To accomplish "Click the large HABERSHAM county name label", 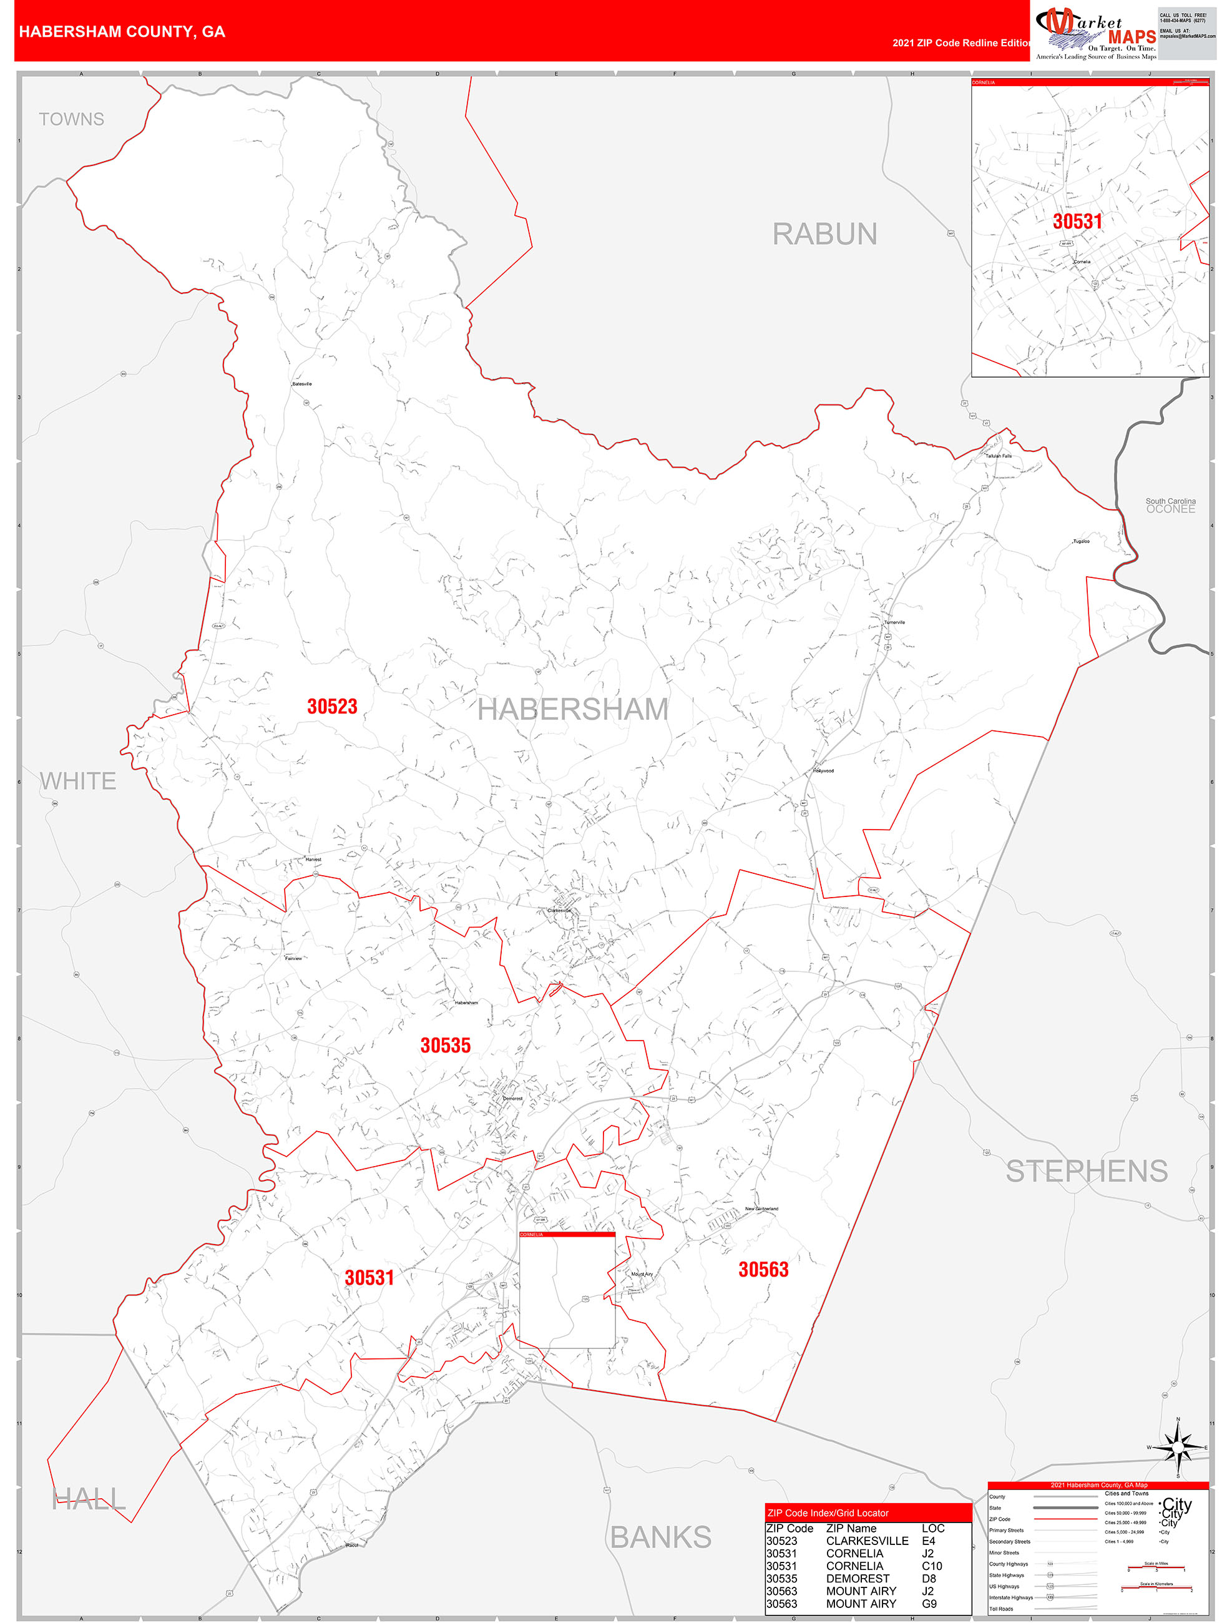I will pyautogui.click(x=573, y=710).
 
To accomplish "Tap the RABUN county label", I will pyautogui.click(x=824, y=235).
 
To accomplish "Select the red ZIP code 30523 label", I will pyautogui.click(x=331, y=707).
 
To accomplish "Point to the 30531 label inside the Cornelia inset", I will pyautogui.click(x=1077, y=222).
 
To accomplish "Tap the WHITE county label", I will pyautogui.click(x=78, y=782).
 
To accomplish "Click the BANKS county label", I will pyautogui.click(x=660, y=1537).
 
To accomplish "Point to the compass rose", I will pyautogui.click(x=1178, y=1448).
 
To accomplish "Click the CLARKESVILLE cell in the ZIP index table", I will pyautogui.click(x=867, y=1541).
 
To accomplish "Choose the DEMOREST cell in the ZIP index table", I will pyautogui.click(x=857, y=1578).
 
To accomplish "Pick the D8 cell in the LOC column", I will pyautogui.click(x=928, y=1578).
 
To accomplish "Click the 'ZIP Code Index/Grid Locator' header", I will pyautogui.click(x=828, y=1513).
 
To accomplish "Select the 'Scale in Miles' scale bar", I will pyautogui.click(x=1156, y=1568).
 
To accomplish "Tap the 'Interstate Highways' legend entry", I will pyautogui.click(x=1010, y=1597).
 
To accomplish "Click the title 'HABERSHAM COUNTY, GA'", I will pyautogui.click(x=122, y=32).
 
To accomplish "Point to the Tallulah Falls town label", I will pyautogui.click(x=998, y=456).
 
